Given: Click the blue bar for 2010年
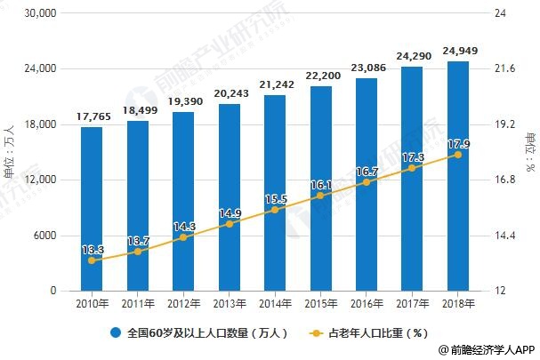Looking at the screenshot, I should (x=92, y=209).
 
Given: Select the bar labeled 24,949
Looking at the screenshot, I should (x=458, y=176).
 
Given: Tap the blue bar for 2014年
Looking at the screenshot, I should (x=275, y=193).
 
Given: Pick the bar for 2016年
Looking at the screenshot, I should (x=367, y=184).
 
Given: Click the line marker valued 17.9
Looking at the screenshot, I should (x=458, y=155).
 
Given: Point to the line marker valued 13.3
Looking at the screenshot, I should (x=92, y=260).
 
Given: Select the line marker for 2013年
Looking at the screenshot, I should (x=230, y=224).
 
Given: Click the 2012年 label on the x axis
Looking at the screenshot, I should (x=183, y=303).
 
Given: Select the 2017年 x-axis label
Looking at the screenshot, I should (x=412, y=303).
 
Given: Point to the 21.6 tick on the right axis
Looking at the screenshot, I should (x=504, y=69).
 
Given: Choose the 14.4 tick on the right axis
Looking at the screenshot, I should (x=504, y=236).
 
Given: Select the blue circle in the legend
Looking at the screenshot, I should (x=115, y=334).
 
